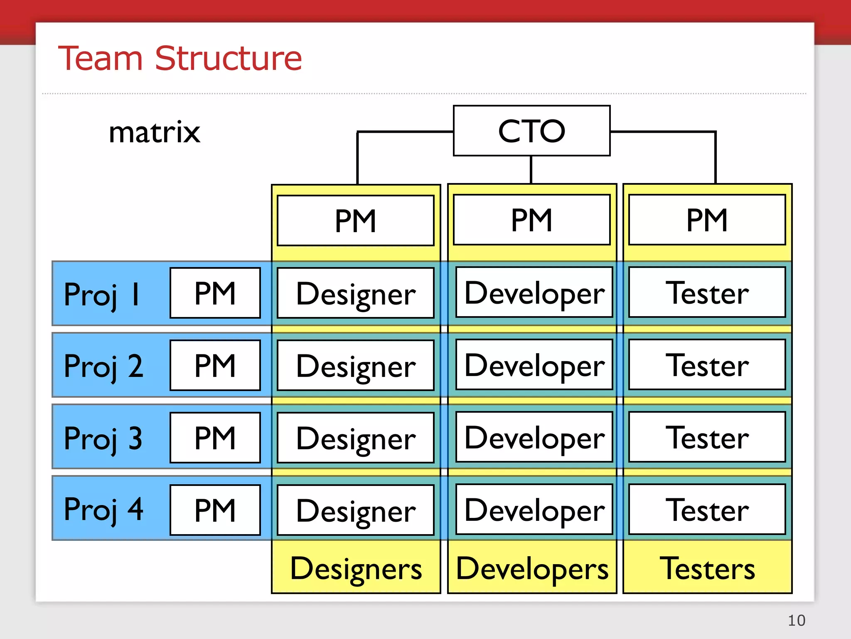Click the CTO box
pyautogui.click(x=531, y=131)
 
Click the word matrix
pyautogui.click(x=154, y=132)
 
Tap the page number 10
pyautogui.click(x=796, y=620)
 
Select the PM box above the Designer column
pyautogui.click(x=356, y=220)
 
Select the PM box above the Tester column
pyautogui.click(x=707, y=220)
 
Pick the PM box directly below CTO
pyautogui.click(x=531, y=220)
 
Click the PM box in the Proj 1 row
pyautogui.click(x=215, y=293)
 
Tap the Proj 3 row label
pyautogui.click(x=103, y=438)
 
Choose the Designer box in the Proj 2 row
pyautogui.click(x=356, y=366)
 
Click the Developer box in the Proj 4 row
pyautogui.click(x=534, y=510)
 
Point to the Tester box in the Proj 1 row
pyautogui.click(x=707, y=292)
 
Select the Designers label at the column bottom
pyautogui.click(x=356, y=568)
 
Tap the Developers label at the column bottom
pyautogui.click(x=532, y=568)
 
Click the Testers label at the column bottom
pyautogui.click(x=707, y=568)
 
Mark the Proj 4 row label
pyautogui.click(x=103, y=509)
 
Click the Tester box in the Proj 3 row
pyautogui.click(x=707, y=437)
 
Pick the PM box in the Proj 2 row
pyautogui.click(x=215, y=365)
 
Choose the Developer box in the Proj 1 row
pyautogui.click(x=534, y=292)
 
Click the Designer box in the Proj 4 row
pyautogui.click(x=356, y=510)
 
